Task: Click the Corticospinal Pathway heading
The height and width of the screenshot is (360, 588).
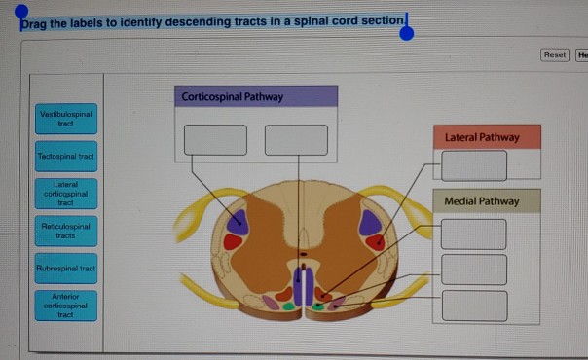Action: tap(257, 96)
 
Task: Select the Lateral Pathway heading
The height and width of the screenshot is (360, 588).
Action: tap(482, 137)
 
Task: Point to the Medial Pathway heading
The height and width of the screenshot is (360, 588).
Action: tap(482, 201)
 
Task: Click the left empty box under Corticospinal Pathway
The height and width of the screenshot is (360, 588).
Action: tap(216, 139)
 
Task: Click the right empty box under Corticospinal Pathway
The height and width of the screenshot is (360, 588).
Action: tap(296, 139)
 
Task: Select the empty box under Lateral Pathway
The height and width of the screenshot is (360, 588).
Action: tap(474, 165)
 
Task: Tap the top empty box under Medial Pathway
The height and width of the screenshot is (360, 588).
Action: tap(474, 234)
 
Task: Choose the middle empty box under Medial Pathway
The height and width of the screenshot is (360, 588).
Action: tap(474, 269)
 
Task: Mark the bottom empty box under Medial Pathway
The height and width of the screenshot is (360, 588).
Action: tap(474, 305)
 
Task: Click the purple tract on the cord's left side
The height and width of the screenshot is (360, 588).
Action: tap(237, 222)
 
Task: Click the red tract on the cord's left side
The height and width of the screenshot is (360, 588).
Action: tap(232, 242)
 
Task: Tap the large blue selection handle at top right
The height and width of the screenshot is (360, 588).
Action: tap(407, 34)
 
